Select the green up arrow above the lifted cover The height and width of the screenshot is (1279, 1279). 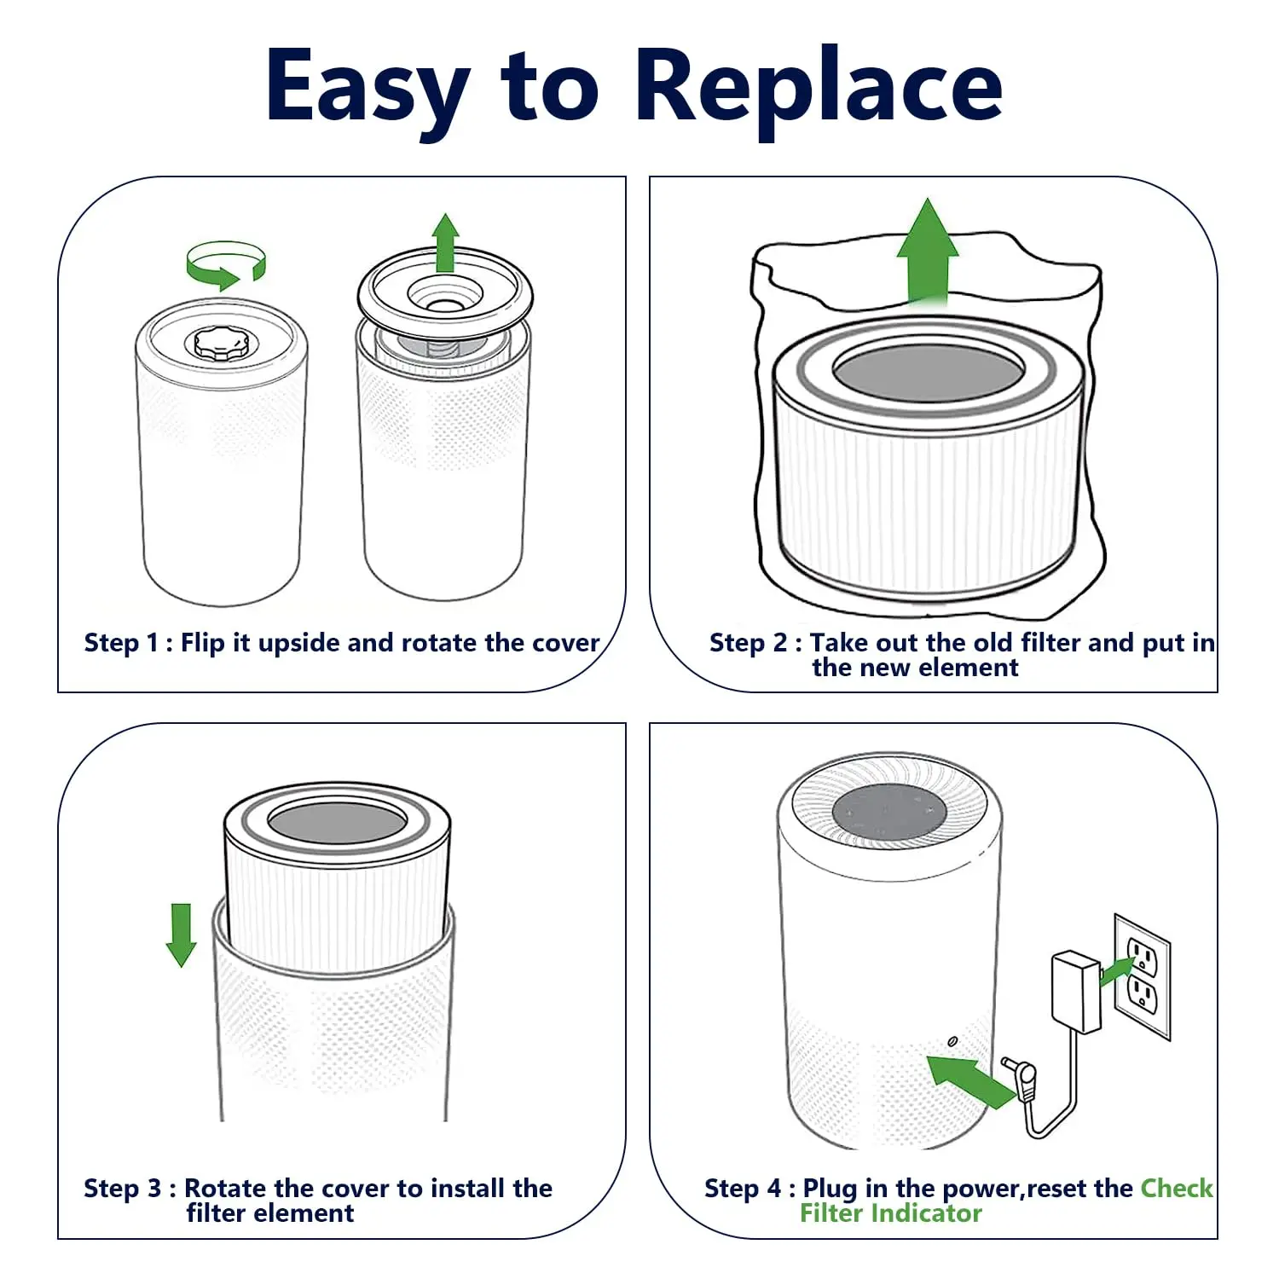coord(445,243)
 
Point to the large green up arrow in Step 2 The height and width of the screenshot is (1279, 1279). coord(928,252)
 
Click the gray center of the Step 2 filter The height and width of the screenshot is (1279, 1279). coord(929,373)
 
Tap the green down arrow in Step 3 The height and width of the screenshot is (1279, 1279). coord(181,935)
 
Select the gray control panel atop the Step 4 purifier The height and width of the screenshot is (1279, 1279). coord(888,812)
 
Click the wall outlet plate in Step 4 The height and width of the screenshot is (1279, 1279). coord(1143,976)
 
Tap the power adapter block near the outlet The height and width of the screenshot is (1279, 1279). coord(1075,992)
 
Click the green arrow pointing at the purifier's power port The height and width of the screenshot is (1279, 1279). coord(968,1080)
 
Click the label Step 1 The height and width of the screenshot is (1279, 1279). coord(120,643)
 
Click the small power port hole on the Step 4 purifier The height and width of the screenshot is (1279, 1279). coord(952,1042)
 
